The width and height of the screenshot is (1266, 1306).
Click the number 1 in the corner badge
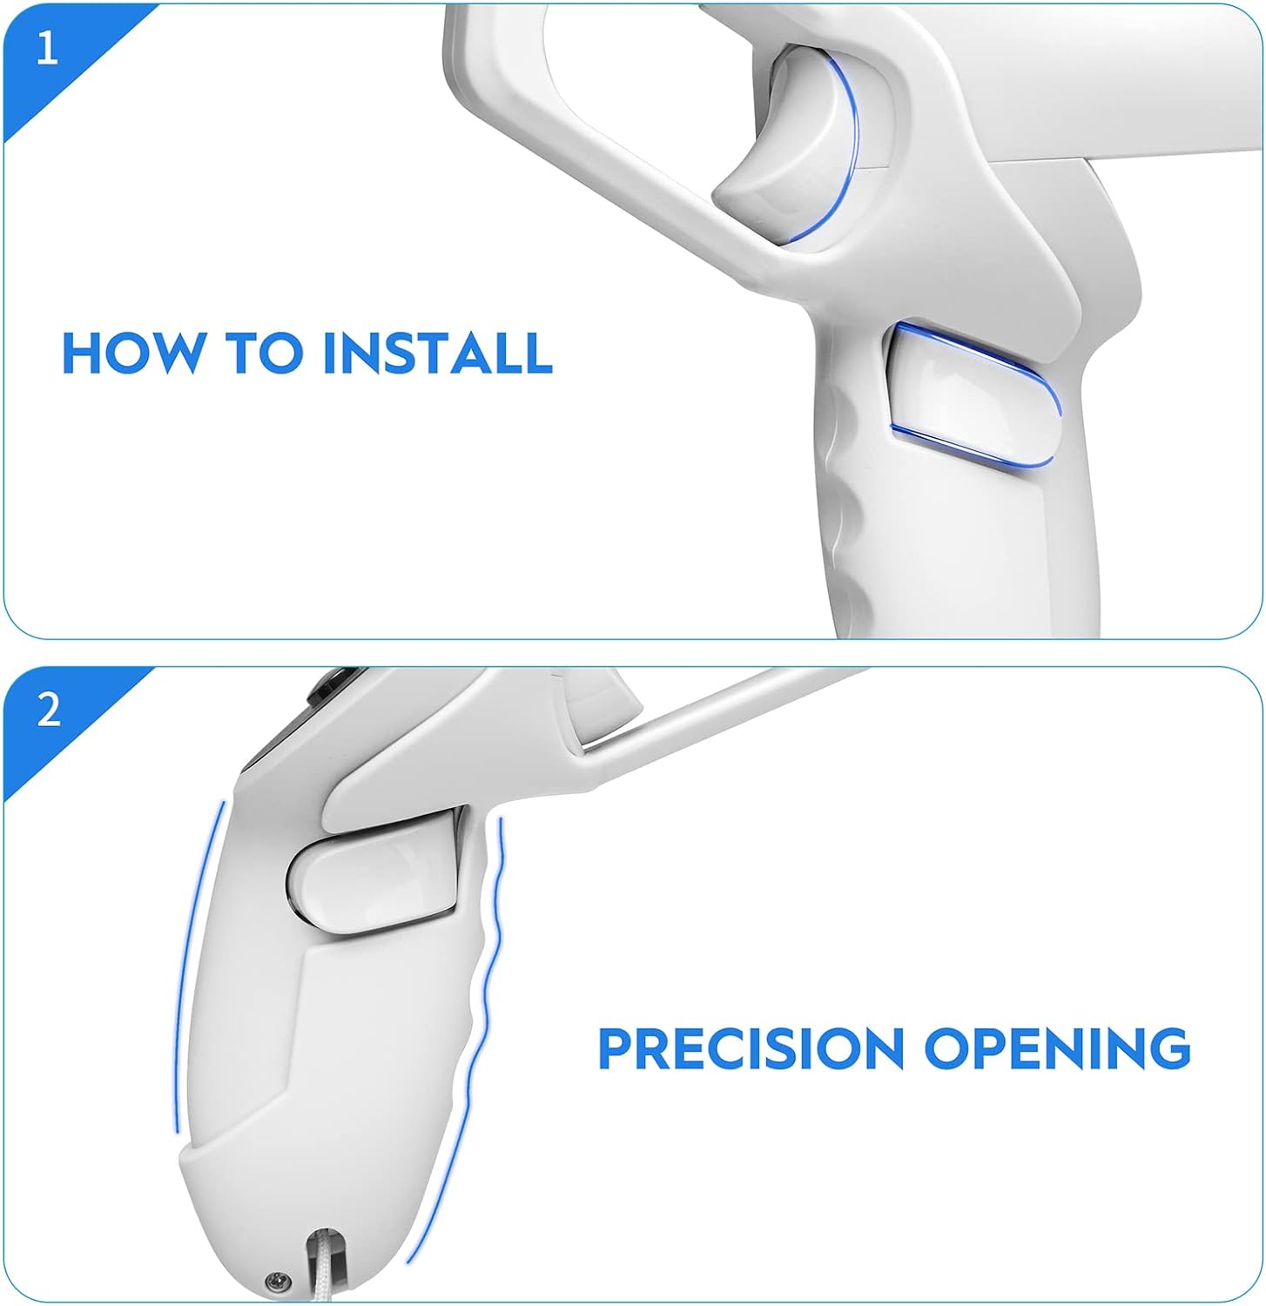47,48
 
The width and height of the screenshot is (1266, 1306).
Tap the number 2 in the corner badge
49,711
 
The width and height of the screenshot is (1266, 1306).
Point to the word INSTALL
438,353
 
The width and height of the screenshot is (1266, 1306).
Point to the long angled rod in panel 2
723,714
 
